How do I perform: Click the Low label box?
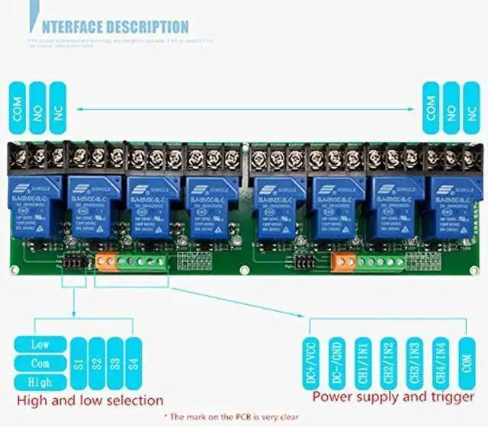click(40, 345)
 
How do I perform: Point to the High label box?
click(40, 381)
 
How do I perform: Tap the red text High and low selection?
click(90, 400)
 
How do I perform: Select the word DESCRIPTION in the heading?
click(143, 27)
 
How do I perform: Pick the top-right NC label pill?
click(472, 110)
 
